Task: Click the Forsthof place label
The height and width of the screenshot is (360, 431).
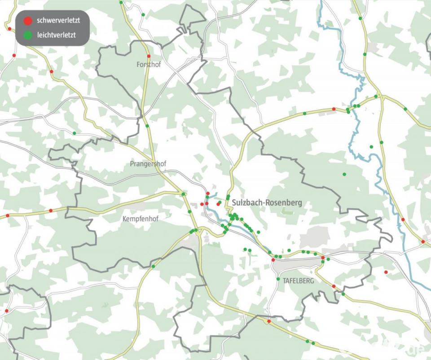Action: click(x=149, y=65)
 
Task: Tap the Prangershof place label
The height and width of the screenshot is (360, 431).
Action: click(x=148, y=164)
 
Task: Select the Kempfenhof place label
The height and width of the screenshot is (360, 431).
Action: click(x=141, y=219)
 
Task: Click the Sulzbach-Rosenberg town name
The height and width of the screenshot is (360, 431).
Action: click(x=267, y=203)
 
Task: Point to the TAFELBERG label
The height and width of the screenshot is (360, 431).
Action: click(x=299, y=281)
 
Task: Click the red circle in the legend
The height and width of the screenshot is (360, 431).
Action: click(x=28, y=21)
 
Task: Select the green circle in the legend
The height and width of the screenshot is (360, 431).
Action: click(x=28, y=34)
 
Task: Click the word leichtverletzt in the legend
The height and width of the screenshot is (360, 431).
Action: click(x=57, y=34)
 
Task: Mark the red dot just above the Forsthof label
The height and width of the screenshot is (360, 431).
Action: click(x=149, y=56)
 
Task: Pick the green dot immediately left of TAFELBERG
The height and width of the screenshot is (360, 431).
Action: click(x=278, y=279)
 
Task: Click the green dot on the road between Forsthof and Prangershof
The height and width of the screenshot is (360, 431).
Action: click(x=147, y=126)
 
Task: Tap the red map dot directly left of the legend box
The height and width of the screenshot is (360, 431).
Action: click(x=9, y=29)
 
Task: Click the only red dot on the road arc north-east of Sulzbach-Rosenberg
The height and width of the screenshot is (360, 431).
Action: click(x=334, y=109)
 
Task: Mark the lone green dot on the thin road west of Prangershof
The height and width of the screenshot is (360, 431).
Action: click(x=74, y=133)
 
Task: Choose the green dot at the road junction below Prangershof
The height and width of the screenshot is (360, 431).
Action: click(x=183, y=194)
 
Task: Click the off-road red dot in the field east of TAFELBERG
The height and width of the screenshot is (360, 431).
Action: click(x=386, y=272)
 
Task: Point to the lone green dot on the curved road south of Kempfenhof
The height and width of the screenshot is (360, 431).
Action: click(x=153, y=267)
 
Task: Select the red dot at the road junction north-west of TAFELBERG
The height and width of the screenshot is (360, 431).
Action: click(x=273, y=260)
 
